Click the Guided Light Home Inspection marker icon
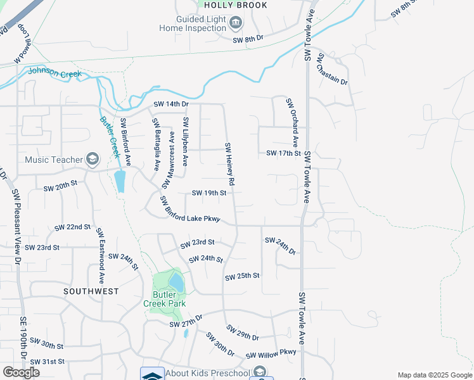[x=236, y=23]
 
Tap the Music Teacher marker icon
[x=93, y=159]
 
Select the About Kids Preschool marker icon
[x=259, y=372]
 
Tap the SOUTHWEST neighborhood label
[x=91, y=291]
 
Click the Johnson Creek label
[x=55, y=73]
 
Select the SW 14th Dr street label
[x=171, y=104]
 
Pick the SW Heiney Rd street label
[x=230, y=164]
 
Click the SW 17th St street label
[x=283, y=153]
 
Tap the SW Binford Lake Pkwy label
[x=190, y=210]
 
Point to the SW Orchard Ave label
[x=291, y=122]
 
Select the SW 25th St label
[x=243, y=276]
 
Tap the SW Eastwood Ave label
[x=99, y=256]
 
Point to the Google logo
[x=21, y=372]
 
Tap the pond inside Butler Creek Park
[x=176, y=282]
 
